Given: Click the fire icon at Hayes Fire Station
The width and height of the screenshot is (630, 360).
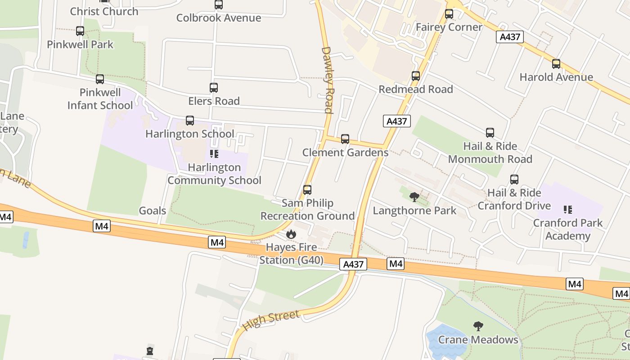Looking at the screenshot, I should (291, 234).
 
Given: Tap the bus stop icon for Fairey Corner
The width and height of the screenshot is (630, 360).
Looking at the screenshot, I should (449, 14).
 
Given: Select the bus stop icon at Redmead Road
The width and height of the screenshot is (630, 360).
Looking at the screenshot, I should (416, 76).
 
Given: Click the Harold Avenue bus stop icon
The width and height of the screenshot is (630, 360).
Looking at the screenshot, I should (556, 64).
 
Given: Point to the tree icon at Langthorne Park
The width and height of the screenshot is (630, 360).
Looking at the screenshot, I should (414, 197).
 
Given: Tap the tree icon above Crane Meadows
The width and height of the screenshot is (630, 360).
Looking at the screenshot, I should (478, 326).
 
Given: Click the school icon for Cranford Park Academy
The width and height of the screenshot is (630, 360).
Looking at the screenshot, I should (567, 209).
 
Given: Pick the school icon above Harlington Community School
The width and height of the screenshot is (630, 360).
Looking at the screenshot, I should (214, 154).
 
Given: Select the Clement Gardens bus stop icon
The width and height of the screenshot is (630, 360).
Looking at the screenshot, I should (345, 139).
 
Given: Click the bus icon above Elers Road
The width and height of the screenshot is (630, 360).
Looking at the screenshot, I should (214, 88).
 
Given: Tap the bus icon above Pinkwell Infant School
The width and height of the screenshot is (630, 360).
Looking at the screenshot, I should (100, 79).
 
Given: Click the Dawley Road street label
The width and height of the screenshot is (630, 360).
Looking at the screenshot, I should (328, 80).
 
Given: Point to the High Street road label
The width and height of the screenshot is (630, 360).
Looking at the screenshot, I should (271, 320).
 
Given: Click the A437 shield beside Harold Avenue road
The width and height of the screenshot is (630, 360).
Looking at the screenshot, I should (510, 37).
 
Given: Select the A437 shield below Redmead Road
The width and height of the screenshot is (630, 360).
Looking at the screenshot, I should (397, 121).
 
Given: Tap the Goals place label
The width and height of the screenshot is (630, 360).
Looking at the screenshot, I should (153, 211).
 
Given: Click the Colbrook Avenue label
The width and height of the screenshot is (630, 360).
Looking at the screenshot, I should (219, 18).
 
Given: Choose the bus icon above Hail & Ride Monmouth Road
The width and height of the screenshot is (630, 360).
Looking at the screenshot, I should (490, 133).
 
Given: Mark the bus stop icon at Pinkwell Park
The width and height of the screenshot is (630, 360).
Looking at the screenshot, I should (80, 31).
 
